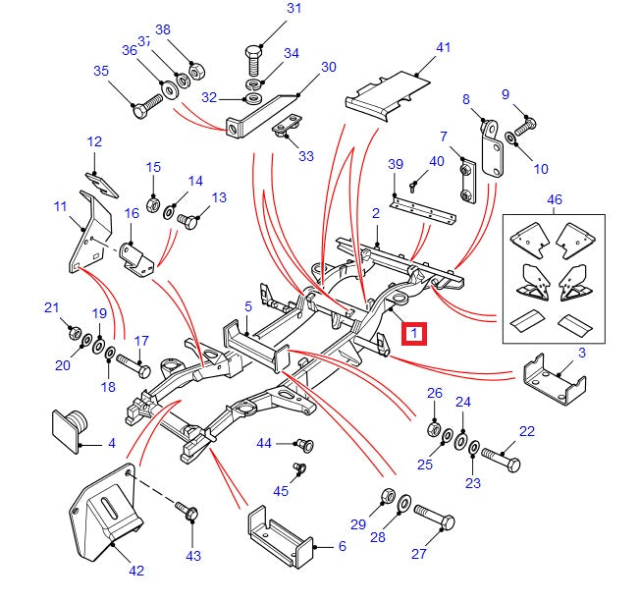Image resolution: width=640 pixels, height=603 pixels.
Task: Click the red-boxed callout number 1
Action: (x=416, y=335)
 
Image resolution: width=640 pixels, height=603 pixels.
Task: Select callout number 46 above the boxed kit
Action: (x=556, y=199)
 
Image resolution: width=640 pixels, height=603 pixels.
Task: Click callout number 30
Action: (x=328, y=67)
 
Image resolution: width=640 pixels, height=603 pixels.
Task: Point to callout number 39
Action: (x=396, y=163)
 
